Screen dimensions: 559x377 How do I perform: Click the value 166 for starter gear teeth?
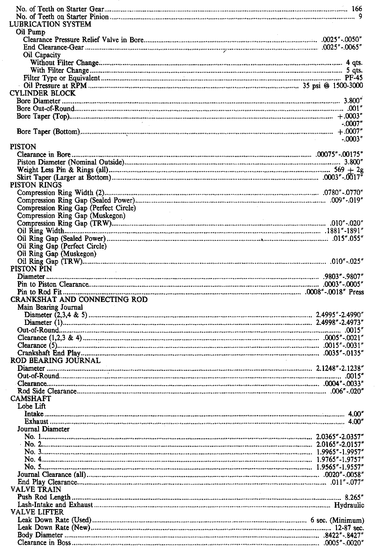[357, 9]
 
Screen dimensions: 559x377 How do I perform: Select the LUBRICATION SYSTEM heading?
[50, 24]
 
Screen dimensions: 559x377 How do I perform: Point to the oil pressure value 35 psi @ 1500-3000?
[333, 86]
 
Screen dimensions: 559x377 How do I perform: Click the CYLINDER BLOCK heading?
[43, 93]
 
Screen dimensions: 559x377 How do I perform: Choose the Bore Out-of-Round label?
[45, 108]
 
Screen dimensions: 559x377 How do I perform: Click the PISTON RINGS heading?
[36, 185]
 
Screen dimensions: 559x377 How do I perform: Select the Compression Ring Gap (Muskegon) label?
[71, 216]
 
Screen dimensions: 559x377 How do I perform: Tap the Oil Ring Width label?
[41, 231]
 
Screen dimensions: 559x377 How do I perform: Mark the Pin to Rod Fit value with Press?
[334, 292]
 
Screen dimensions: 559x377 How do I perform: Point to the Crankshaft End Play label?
[49, 353]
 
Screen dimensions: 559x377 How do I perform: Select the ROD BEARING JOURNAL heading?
[55, 361]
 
